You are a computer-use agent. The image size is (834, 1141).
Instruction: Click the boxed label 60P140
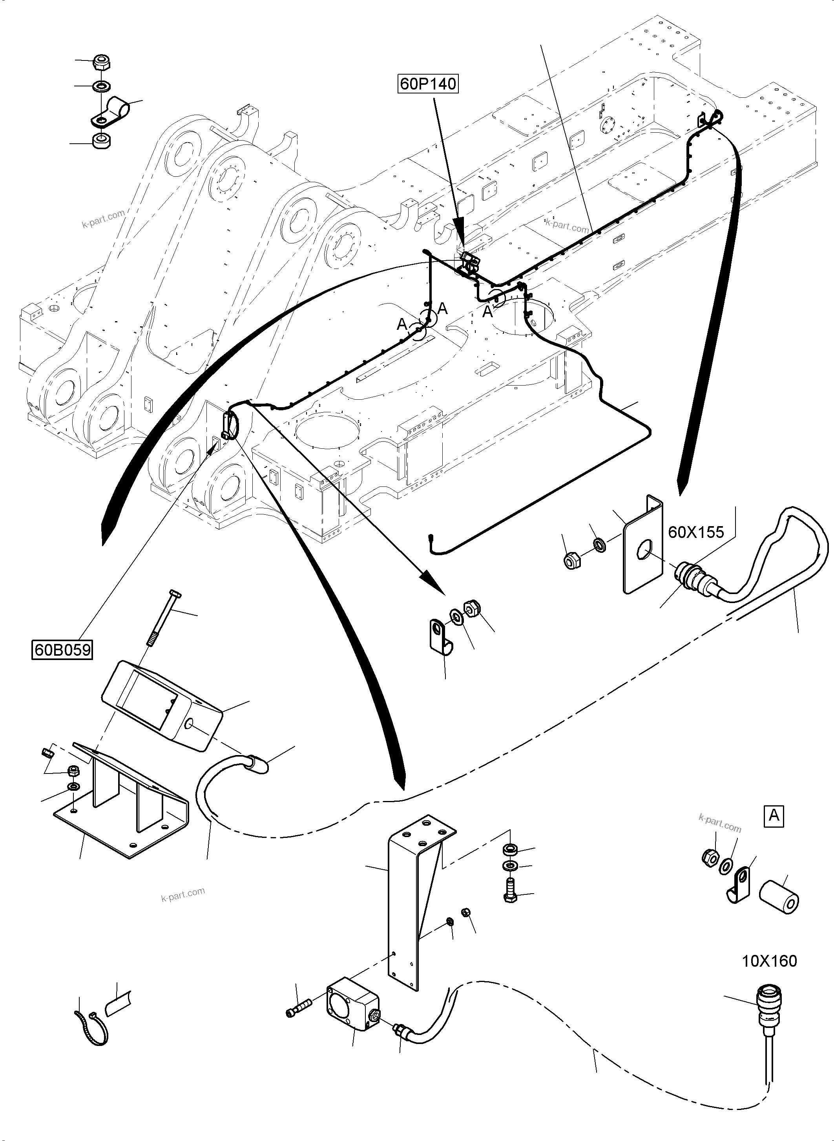coord(428,83)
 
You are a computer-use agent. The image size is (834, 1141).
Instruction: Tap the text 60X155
coord(696,532)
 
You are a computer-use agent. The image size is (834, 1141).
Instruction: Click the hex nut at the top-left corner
coord(102,63)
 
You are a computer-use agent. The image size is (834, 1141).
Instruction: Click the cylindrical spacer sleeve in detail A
coord(779,897)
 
